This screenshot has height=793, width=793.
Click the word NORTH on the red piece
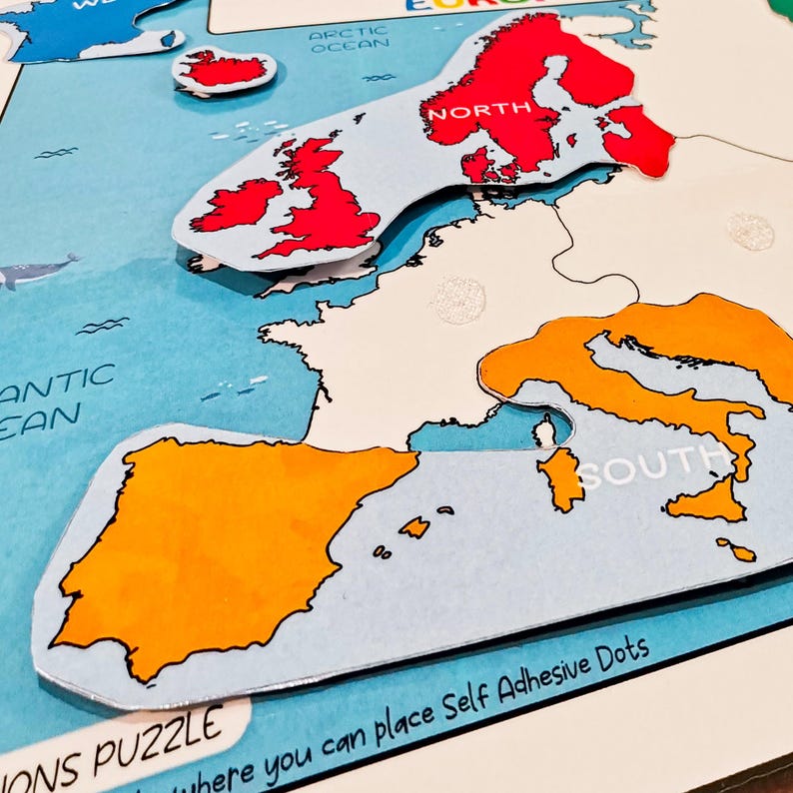466,112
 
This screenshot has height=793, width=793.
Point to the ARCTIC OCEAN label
348,40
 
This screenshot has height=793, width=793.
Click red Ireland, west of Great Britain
237,204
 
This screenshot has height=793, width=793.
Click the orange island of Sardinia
563,476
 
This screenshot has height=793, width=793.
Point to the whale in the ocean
35,270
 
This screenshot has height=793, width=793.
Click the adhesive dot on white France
459,300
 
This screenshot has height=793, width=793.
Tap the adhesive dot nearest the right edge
750,232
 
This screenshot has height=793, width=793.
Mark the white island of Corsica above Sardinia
543,431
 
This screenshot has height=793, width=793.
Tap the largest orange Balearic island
415,526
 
